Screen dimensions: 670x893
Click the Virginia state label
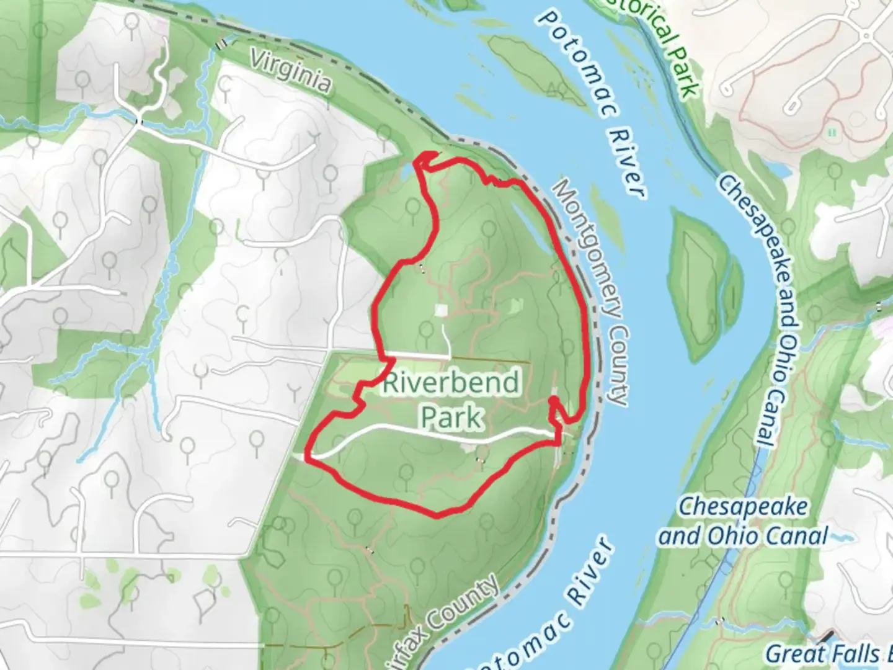click(x=290, y=71)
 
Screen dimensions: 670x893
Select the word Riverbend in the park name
click(x=451, y=383)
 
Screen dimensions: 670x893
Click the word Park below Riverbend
click(x=452, y=418)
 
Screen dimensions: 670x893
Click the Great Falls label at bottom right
click(x=825, y=654)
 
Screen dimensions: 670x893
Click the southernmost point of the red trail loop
click(x=437, y=515)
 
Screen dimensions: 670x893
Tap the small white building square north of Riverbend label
click(x=441, y=309)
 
